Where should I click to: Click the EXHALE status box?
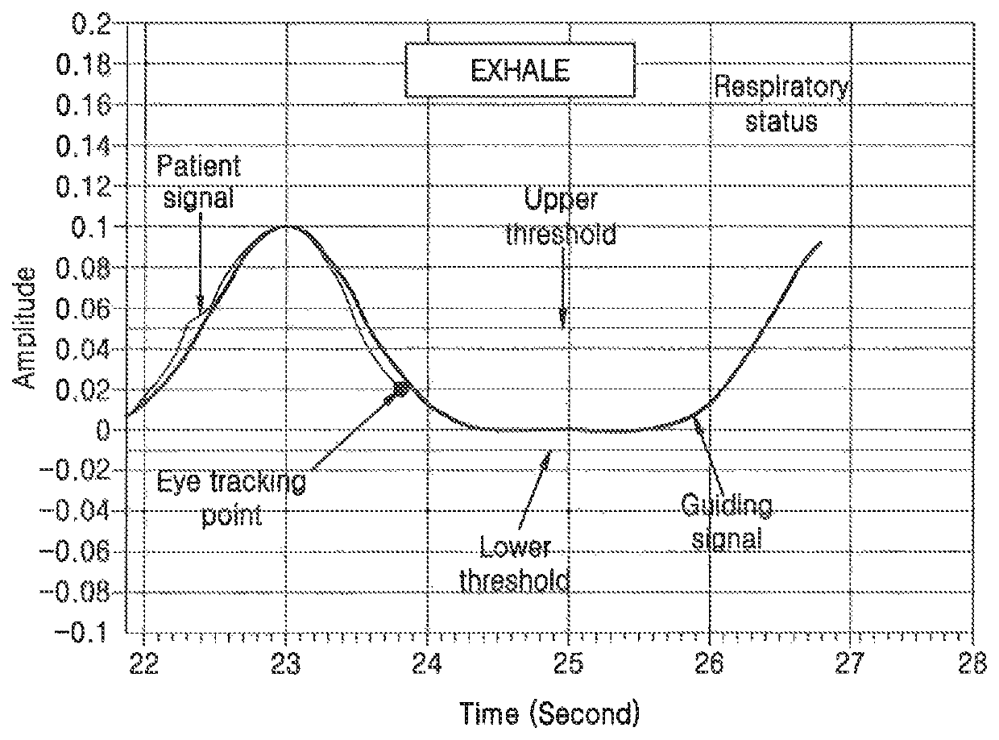point(520,70)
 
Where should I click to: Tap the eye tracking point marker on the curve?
point(401,389)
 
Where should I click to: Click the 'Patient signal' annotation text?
point(198,181)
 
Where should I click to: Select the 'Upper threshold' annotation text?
point(561,218)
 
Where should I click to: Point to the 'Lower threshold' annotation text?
point(515,563)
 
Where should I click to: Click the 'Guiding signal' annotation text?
point(727,522)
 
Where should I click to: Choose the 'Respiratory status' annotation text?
point(781,104)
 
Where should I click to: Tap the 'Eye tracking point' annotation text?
point(231,499)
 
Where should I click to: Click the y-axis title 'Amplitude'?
point(23,328)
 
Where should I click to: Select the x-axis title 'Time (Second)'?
point(549,714)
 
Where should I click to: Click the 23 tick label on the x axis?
point(285,664)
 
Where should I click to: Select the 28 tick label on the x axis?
point(972,664)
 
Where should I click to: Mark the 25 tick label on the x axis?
point(568,664)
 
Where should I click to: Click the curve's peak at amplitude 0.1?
point(285,226)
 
